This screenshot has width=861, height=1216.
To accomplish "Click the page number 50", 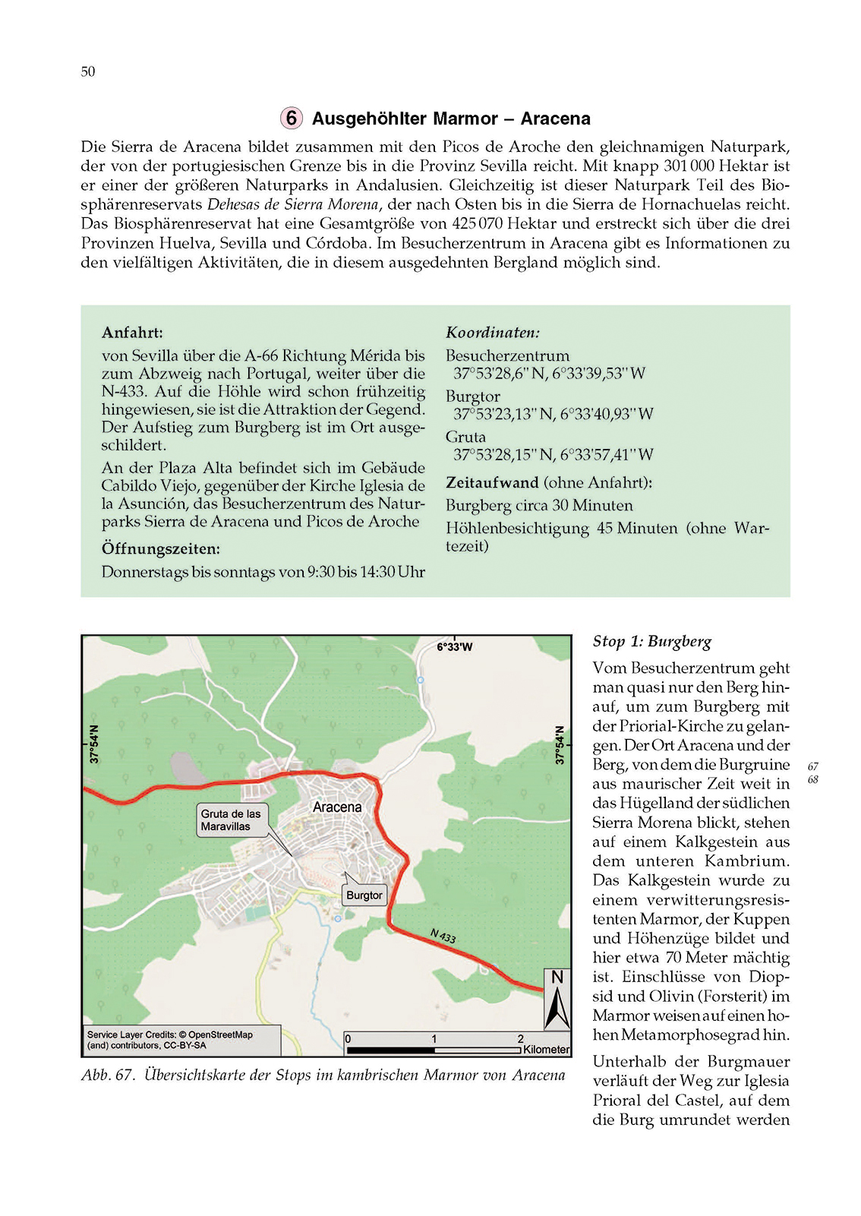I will [88, 71].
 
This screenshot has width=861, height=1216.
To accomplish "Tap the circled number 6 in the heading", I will [291, 118].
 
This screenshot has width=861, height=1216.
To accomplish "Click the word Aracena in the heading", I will [555, 118].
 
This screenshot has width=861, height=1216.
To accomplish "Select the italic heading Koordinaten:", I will [493, 332].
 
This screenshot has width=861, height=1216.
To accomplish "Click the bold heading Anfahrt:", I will [132, 332].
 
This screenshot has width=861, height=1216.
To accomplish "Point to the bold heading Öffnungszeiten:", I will [161, 548].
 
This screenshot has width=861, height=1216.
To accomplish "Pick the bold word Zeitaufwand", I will [492, 482].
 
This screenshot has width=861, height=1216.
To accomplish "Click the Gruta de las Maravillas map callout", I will [231, 820].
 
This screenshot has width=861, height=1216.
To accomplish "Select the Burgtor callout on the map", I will [364, 895].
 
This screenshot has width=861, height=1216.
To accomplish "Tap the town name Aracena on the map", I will [337, 807].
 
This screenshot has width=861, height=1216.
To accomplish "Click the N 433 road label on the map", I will [443, 936].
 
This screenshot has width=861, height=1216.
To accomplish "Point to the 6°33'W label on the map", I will [454, 647].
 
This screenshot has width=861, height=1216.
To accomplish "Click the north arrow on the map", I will [557, 1000].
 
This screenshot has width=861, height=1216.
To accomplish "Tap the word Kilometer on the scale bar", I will [546, 1050].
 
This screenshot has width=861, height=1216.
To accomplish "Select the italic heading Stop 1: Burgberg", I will [652, 642].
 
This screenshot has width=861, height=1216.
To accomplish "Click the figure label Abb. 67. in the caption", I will [108, 1075].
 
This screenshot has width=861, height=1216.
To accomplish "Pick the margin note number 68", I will [813, 780].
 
